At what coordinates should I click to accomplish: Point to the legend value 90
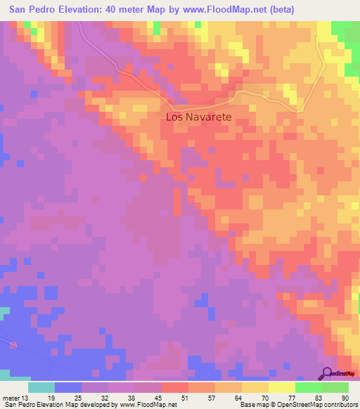[344, 397]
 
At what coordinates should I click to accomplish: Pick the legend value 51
[184, 397]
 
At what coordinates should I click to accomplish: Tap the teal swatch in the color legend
[41, 387]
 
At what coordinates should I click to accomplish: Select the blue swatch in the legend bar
[68, 387]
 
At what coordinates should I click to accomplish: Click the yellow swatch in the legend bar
[255, 387]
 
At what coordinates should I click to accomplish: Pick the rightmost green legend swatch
[335, 387]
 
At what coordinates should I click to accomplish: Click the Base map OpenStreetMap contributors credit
[297, 405]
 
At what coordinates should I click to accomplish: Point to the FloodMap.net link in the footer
[148, 405]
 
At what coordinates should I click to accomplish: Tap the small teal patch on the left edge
[4, 311]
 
